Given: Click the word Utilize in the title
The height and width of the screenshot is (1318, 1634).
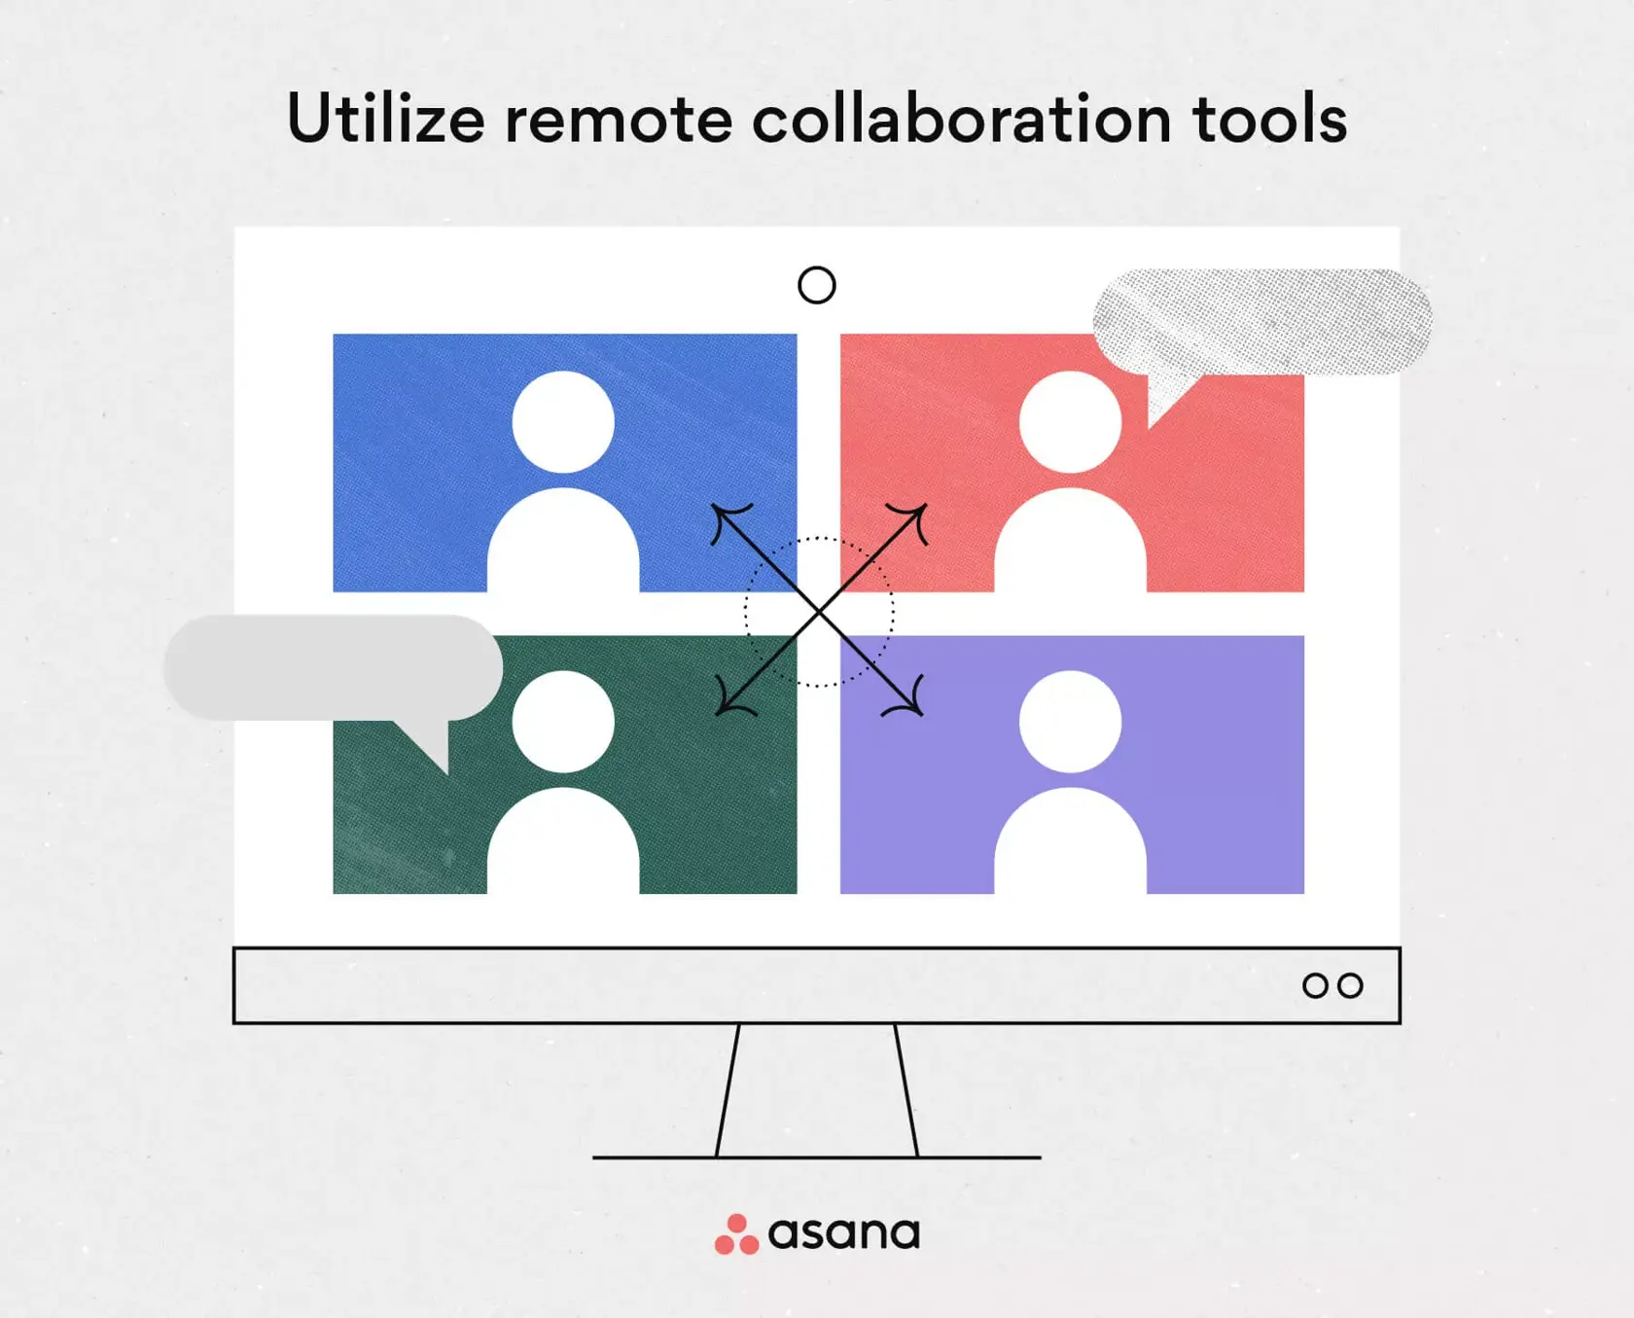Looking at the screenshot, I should (x=385, y=120).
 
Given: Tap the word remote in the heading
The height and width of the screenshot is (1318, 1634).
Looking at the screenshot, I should (x=618, y=120).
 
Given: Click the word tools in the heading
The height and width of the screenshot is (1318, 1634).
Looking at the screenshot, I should (x=1269, y=120).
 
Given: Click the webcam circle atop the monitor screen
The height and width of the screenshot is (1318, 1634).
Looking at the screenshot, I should (x=816, y=285).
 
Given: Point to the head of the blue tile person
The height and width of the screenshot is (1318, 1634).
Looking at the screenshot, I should (x=563, y=422).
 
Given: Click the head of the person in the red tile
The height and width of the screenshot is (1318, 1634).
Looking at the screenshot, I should (x=1070, y=422).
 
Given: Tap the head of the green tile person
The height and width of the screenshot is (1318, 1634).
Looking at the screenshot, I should (x=563, y=722).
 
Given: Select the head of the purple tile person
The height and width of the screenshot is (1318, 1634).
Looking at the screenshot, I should (x=1070, y=722).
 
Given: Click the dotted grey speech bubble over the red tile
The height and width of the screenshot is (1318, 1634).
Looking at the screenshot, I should (x=1262, y=321).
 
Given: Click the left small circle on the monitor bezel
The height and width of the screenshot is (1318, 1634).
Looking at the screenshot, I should (x=1315, y=985).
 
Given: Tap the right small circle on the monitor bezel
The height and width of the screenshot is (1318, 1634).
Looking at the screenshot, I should (x=1350, y=985).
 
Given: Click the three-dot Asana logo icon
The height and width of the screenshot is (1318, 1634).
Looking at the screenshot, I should (x=736, y=1234).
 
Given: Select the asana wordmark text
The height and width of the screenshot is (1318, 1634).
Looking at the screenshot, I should (x=843, y=1233).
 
